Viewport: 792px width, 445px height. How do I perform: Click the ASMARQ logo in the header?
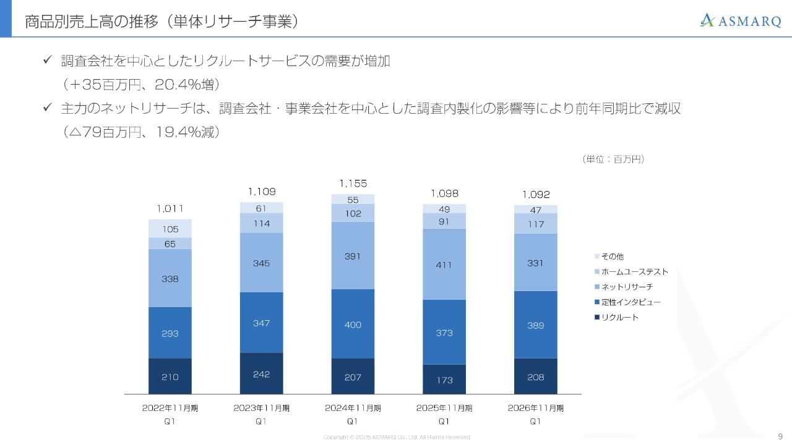point(740,20)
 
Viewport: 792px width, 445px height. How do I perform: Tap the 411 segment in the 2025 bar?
point(444,264)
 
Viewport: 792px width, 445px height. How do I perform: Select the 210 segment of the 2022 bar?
point(170,376)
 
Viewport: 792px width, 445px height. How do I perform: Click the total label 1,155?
point(353,184)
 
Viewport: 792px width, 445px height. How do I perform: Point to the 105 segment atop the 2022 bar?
point(170,229)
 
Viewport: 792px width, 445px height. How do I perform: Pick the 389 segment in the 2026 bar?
point(536,324)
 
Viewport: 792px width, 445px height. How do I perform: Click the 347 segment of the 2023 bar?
point(261,323)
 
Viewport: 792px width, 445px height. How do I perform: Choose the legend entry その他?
point(612,256)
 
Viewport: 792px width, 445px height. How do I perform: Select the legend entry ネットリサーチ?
point(626,287)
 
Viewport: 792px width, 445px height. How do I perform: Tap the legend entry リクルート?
point(619,317)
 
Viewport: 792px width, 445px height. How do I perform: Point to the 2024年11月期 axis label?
point(353,409)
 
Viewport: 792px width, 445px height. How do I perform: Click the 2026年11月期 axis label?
point(536,409)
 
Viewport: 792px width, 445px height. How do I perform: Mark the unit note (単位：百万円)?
point(613,159)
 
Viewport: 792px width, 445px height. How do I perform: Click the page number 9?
point(780,436)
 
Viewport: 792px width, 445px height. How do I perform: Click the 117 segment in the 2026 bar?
point(536,223)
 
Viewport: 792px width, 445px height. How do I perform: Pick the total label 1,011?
point(170,208)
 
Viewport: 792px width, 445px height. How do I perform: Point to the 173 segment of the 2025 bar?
point(444,379)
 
